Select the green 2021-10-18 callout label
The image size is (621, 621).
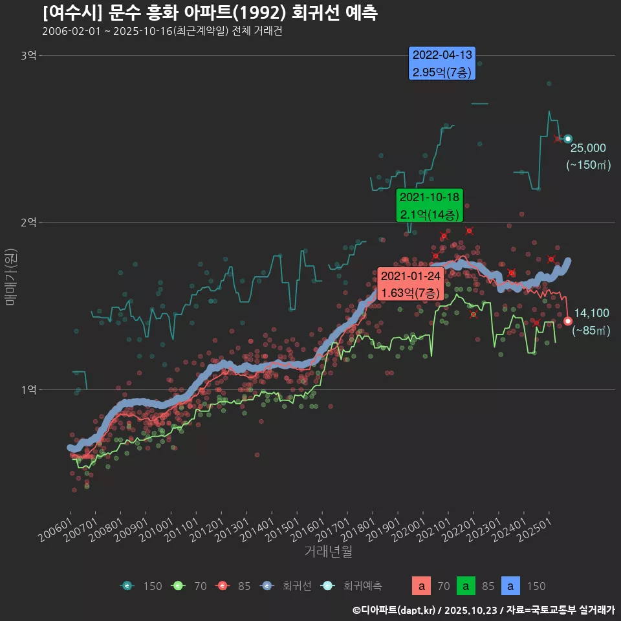coord(430,206)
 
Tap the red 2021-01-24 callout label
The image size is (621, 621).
coord(410,285)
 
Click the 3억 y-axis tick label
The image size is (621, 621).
coord(28,56)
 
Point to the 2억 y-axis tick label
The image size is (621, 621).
coord(28,223)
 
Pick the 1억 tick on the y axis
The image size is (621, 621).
coord(28,389)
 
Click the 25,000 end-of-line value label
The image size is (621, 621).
coord(588,147)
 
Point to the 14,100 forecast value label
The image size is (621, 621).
coord(591,313)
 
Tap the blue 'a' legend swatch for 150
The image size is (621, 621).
coord(511,586)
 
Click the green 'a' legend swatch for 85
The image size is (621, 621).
coord(466,586)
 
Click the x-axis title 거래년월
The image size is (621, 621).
coord(328,551)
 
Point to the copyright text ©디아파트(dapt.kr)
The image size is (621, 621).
coord(395,610)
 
